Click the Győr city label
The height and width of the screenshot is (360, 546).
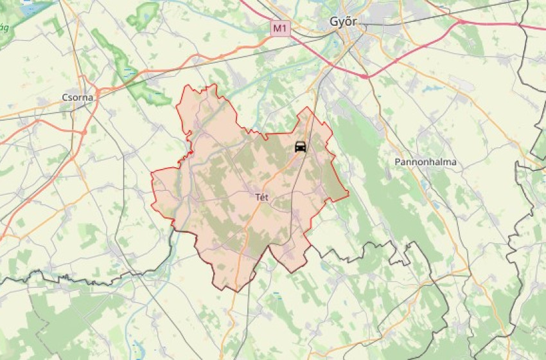click(x=342, y=22)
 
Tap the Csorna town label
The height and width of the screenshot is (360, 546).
click(x=77, y=97)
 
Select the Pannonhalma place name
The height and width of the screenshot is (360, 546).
click(x=426, y=162)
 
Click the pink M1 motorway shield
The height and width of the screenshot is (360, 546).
click(x=279, y=28)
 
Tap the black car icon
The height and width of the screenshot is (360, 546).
click(x=300, y=147)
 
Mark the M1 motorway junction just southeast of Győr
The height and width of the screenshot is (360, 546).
click(x=365, y=76)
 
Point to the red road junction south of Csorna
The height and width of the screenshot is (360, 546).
click(x=84, y=132)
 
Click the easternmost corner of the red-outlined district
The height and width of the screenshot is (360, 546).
click(x=348, y=193)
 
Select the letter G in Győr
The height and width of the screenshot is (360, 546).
click(x=333, y=22)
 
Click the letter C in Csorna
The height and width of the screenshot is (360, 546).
click(x=64, y=97)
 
